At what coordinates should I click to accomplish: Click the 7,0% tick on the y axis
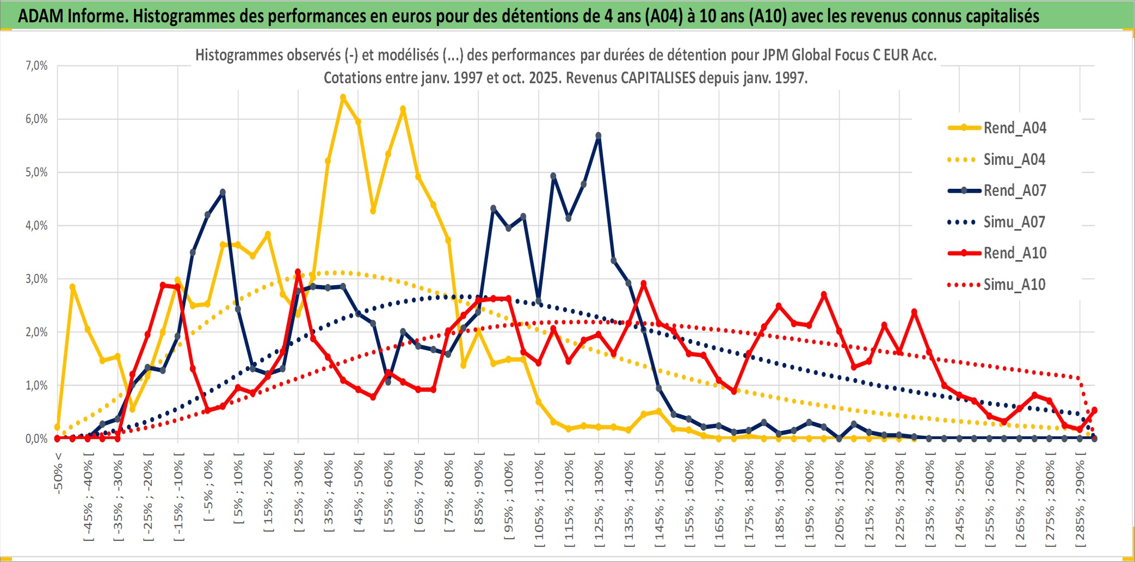(x=36, y=66)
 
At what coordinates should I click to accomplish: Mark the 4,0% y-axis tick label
(x=36, y=226)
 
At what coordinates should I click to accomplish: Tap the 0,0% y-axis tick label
(x=36, y=439)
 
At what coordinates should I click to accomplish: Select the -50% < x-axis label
(x=58, y=473)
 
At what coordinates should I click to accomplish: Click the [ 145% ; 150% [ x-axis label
(x=659, y=501)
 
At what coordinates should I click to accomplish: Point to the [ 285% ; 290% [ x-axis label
(x=1080, y=501)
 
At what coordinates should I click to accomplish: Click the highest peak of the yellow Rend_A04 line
(x=343, y=98)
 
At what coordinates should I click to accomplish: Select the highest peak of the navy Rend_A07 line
(x=599, y=135)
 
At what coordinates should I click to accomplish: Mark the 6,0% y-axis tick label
(x=36, y=119)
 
